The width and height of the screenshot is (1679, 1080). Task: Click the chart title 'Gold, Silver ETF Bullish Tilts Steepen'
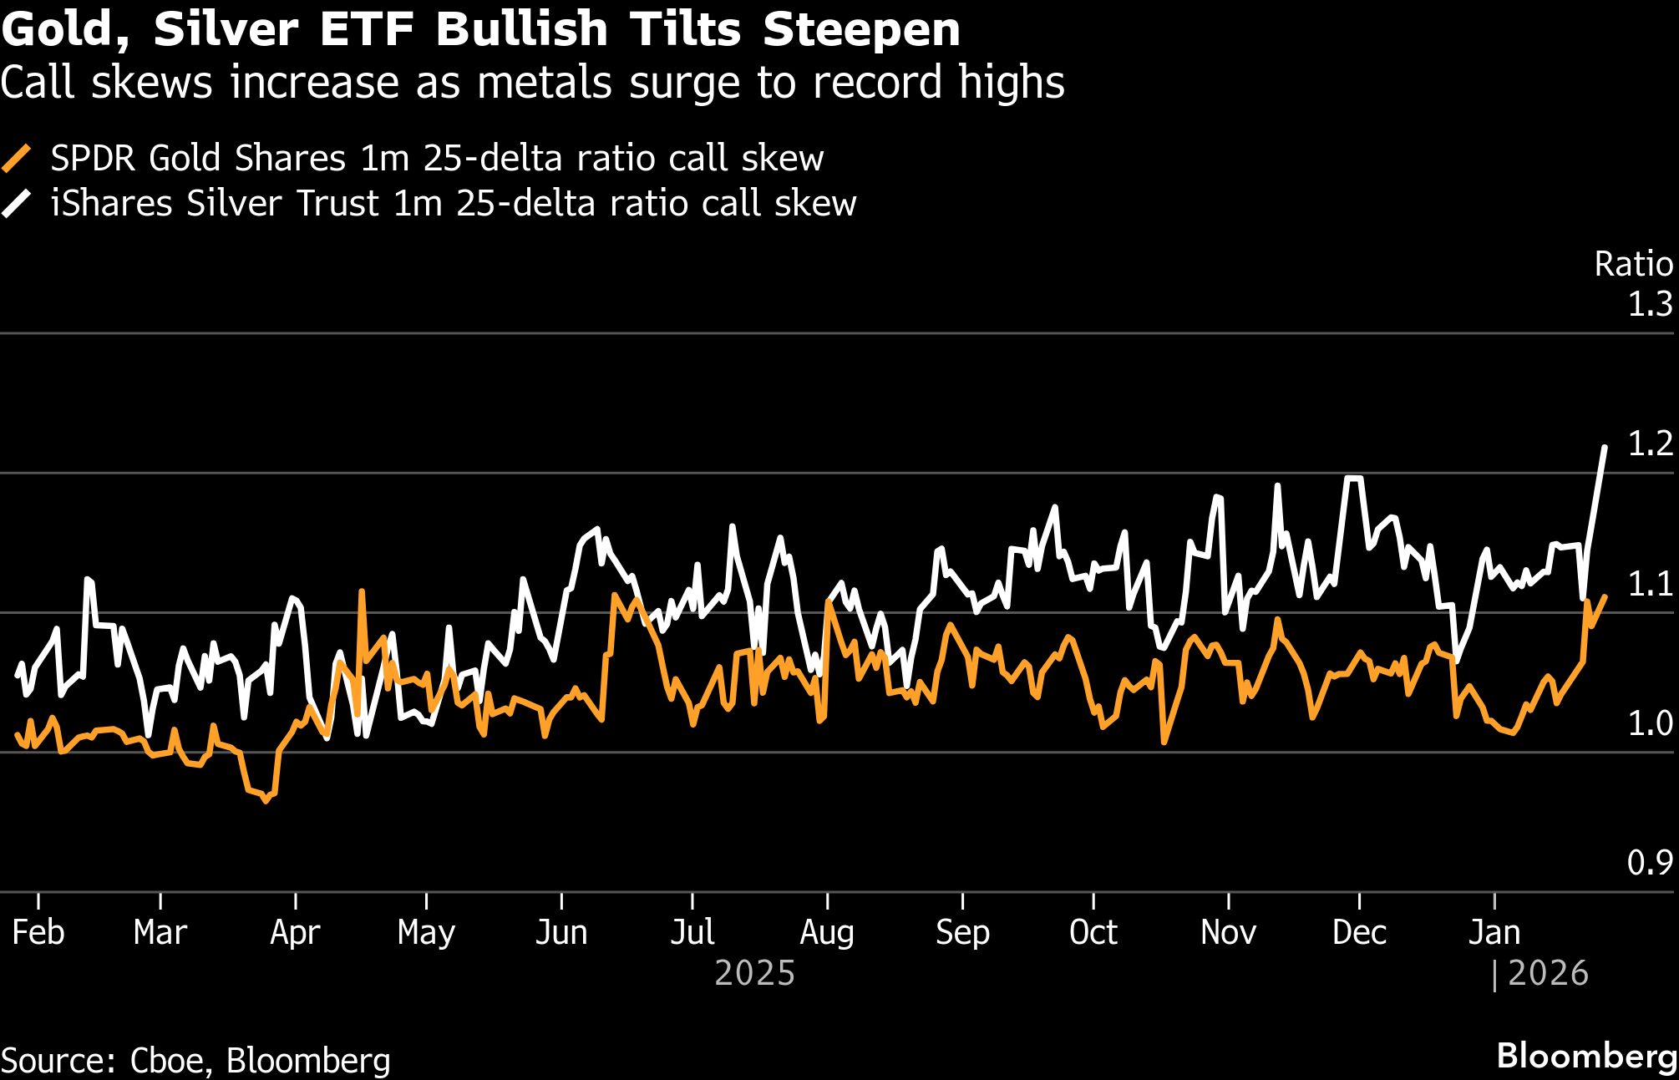(480, 29)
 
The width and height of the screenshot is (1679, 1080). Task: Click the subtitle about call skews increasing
(532, 83)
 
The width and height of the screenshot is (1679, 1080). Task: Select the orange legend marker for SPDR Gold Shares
(17, 159)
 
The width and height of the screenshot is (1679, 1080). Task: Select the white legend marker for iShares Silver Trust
(17, 204)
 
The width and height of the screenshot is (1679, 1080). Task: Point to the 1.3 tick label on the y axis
(1650, 304)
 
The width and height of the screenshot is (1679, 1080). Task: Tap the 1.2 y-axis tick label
(1650, 444)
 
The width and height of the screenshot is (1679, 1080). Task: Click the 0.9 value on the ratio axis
(1650, 863)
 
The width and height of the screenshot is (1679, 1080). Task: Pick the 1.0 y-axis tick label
(1650, 723)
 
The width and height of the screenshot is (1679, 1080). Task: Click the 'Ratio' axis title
(1633, 264)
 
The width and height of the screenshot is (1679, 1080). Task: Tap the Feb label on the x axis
(38, 932)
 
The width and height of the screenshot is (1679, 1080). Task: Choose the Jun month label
(561, 932)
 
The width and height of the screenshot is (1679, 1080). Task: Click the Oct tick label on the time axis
(1093, 932)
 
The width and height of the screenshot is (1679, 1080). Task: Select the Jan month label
(1494, 932)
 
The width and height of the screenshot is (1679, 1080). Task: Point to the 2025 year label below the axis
(755, 974)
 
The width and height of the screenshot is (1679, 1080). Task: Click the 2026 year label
(1548, 974)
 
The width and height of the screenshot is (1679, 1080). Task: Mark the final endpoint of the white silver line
(1605, 448)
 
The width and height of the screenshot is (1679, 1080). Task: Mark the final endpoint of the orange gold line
(1605, 596)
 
